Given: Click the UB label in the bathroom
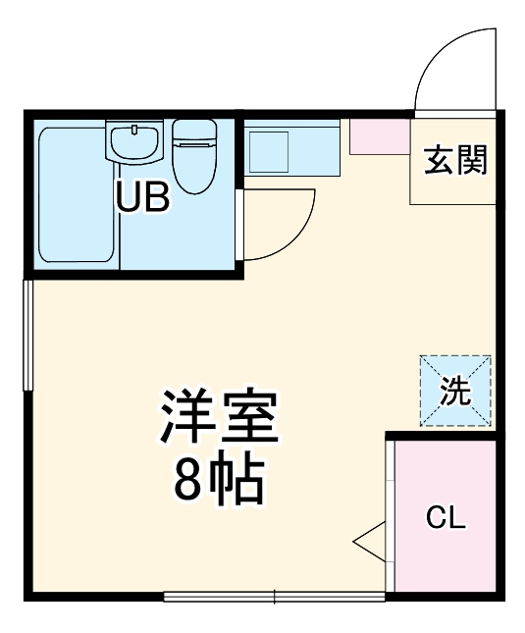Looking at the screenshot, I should click(x=143, y=197).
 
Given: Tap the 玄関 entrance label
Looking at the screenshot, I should click(x=454, y=160).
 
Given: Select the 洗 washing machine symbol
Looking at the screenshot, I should click(x=454, y=392).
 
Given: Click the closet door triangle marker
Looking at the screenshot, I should click(x=370, y=539).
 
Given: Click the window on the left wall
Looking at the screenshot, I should click(x=28, y=338).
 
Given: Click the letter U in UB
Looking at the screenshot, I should click(x=130, y=197).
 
